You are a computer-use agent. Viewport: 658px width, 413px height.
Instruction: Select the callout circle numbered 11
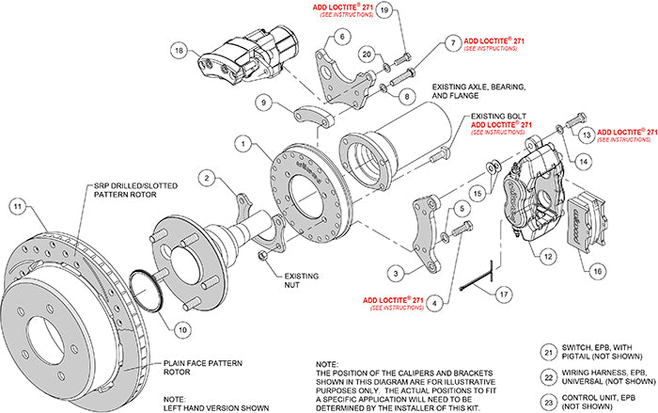click(x=17, y=206)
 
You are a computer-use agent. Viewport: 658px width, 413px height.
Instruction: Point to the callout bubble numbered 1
click(x=243, y=144)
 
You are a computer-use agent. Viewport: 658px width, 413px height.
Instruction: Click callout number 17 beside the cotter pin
click(x=505, y=294)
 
